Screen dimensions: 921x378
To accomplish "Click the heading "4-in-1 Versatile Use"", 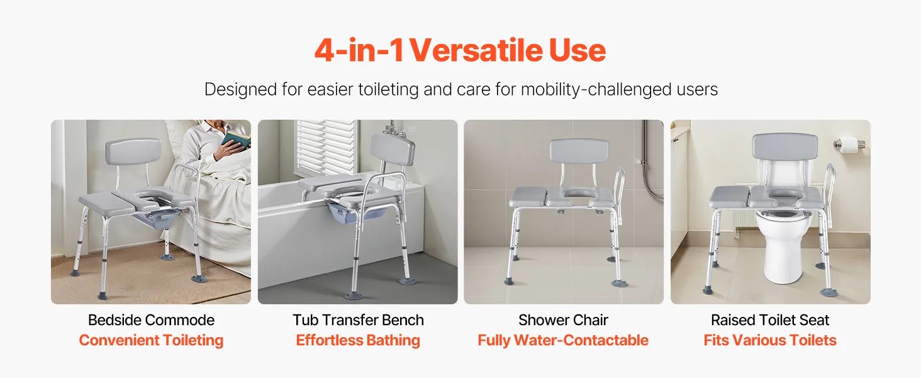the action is [460, 50].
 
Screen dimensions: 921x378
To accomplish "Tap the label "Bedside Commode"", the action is [152, 320].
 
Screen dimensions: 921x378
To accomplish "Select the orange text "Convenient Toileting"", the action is [152, 340].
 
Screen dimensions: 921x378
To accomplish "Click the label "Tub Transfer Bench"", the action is [358, 320].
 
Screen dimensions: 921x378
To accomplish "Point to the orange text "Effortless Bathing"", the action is [358, 340].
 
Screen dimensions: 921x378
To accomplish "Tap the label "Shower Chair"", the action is [563, 320].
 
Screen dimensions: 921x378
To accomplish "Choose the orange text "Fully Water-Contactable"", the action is [563, 340].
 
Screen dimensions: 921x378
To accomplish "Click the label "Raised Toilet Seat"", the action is [770, 320].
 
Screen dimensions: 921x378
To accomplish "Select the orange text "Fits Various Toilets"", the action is [770, 340].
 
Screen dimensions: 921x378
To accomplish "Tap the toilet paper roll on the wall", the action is [848, 144].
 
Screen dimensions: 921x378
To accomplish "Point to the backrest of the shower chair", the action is [579, 151].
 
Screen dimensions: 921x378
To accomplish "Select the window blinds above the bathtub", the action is [327, 146].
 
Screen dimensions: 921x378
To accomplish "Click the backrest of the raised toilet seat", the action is [785, 147].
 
